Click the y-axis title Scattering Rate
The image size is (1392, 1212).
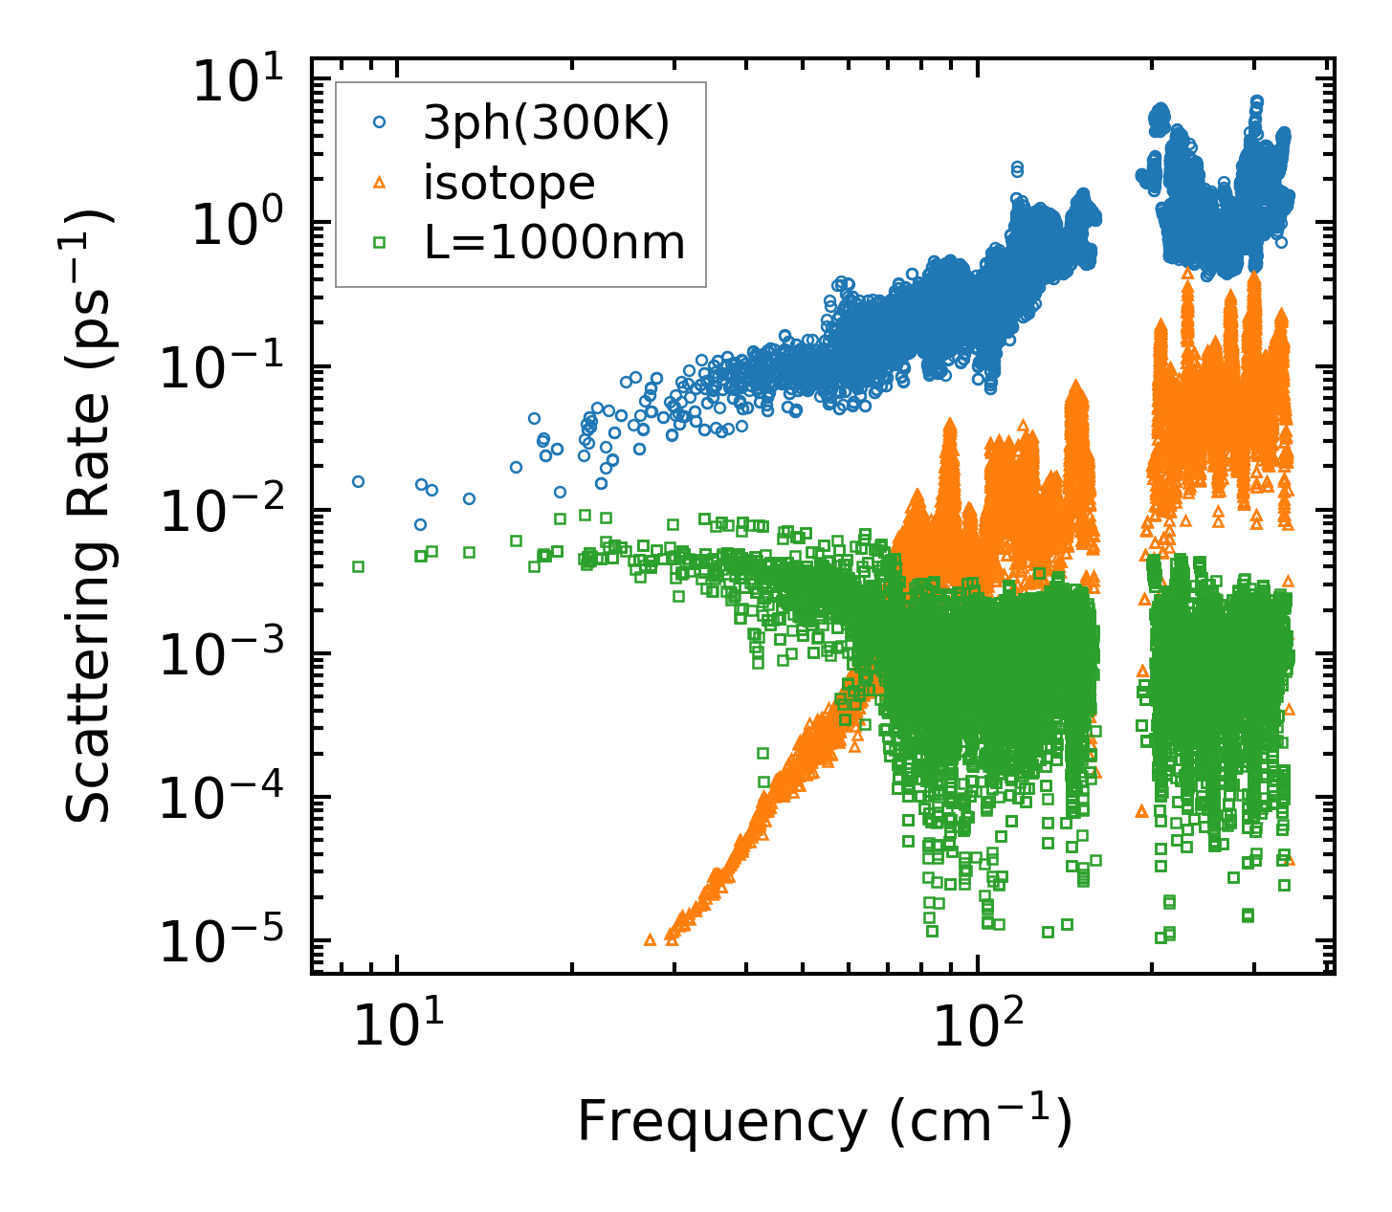point(89,518)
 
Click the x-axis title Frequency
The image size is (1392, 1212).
point(824,1121)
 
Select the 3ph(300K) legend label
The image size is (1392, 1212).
point(546,124)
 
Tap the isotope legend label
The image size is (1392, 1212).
point(509,183)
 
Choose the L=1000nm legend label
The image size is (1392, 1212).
point(555,243)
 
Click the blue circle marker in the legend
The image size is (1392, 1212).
point(380,122)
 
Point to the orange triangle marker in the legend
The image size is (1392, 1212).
point(380,182)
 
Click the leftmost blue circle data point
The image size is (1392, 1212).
point(358,481)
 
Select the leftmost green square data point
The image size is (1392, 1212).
point(358,566)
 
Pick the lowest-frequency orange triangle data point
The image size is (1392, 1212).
point(651,939)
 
